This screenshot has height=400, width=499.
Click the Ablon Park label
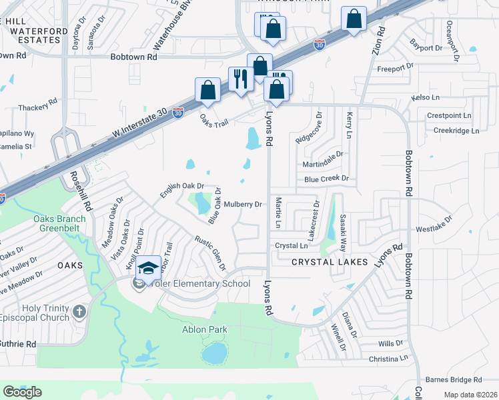point(205,329)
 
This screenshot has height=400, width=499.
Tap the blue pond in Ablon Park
point(214,353)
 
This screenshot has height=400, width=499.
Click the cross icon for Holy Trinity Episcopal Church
point(79,311)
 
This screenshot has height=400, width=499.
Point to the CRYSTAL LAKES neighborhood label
point(330,262)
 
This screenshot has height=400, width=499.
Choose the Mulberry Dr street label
point(242,205)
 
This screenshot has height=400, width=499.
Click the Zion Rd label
point(380,40)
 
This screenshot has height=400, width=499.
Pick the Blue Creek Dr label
point(326,179)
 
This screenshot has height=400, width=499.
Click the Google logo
point(23,392)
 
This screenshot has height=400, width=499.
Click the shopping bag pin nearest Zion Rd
point(354,19)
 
